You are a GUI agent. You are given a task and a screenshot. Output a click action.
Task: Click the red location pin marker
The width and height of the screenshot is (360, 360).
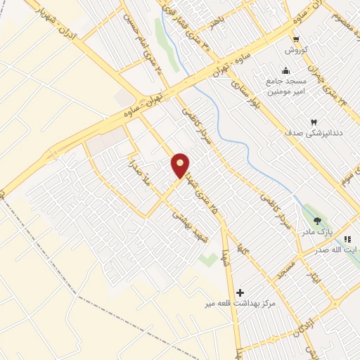pos(181,165)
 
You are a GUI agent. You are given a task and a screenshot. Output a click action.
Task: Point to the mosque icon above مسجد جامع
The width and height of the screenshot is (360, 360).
pos(285,71)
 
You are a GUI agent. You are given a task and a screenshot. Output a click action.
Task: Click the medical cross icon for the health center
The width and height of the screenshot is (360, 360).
pos(240,292)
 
